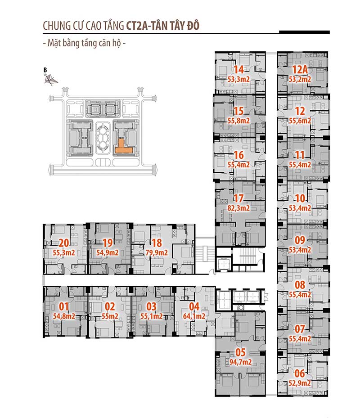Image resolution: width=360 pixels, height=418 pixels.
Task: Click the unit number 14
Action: point(238,70)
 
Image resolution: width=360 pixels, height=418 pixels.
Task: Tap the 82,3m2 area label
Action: point(238,208)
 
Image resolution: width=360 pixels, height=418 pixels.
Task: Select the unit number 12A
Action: point(300,70)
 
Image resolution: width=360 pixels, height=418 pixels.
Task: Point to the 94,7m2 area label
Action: point(241,362)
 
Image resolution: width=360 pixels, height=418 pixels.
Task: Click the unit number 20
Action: point(64,243)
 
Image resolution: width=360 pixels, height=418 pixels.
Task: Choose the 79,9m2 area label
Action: point(157,253)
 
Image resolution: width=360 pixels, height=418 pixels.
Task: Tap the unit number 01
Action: point(64,306)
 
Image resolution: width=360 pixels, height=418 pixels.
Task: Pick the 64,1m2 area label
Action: point(194,316)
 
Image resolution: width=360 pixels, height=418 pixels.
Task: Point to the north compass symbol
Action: point(50,80)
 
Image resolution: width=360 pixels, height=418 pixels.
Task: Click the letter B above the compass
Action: point(45,70)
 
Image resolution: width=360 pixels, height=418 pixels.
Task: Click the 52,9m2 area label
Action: point(300,383)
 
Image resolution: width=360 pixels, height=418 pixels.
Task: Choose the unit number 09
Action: point(300,240)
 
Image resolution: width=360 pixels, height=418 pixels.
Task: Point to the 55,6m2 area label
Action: point(300,121)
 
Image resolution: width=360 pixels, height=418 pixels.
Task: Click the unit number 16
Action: point(238,155)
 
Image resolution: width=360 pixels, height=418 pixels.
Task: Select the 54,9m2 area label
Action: point(107,253)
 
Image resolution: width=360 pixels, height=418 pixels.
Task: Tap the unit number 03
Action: point(152,306)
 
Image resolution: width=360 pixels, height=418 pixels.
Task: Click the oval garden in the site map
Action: point(103,138)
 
